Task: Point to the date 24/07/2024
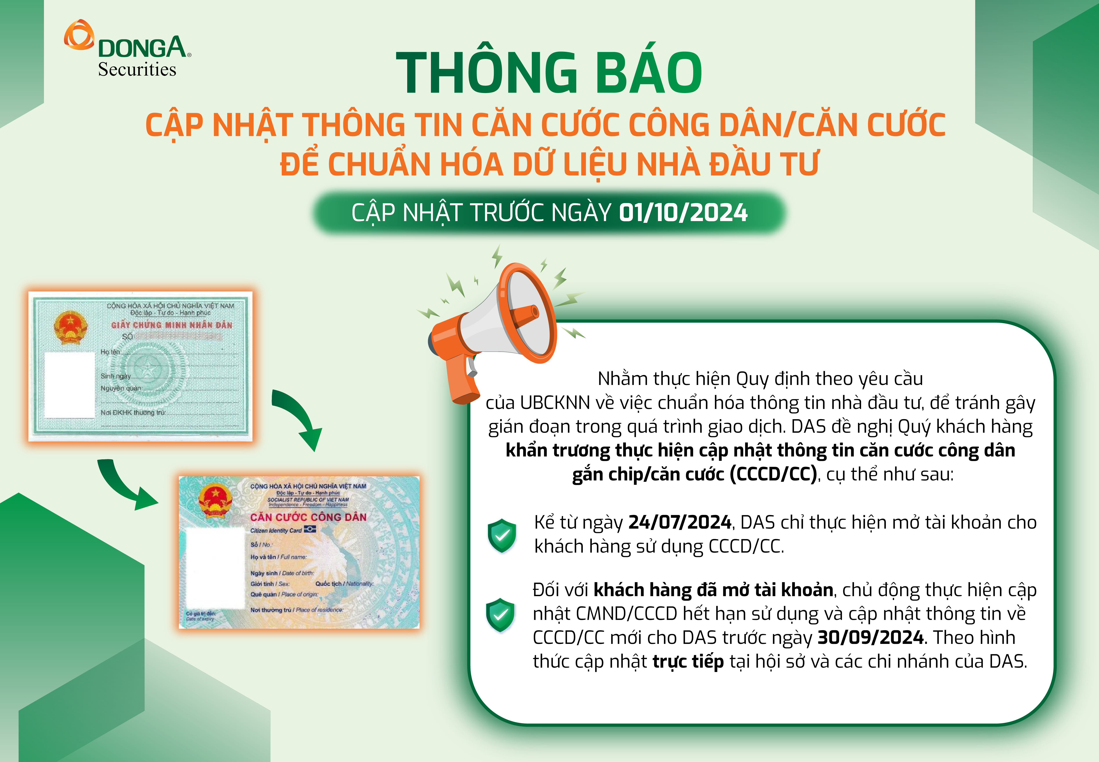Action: click(680, 522)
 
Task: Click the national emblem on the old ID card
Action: click(71, 328)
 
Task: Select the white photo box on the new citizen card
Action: click(215, 568)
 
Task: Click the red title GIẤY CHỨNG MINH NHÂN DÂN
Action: click(172, 325)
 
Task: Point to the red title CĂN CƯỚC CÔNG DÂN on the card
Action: click(308, 517)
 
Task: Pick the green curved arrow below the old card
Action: click(125, 485)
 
